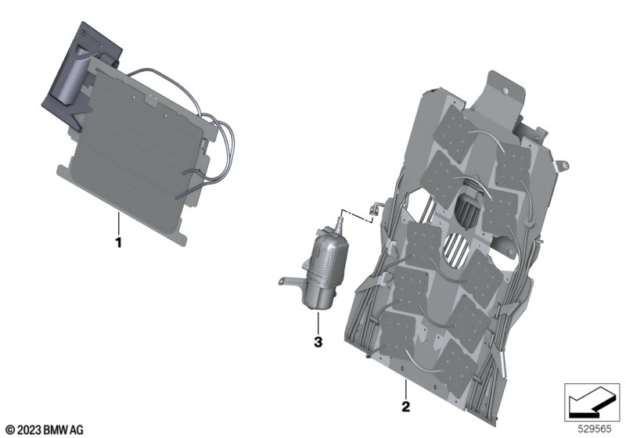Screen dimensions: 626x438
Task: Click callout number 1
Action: point(118,242)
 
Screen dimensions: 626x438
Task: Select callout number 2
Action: point(405,407)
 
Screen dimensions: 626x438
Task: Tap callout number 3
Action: point(318,342)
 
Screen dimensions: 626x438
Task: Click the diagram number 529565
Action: point(595,429)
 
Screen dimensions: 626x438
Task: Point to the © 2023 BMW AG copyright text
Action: point(45,430)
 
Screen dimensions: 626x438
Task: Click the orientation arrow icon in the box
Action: point(592,402)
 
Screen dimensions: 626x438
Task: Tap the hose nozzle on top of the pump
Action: point(340,224)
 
